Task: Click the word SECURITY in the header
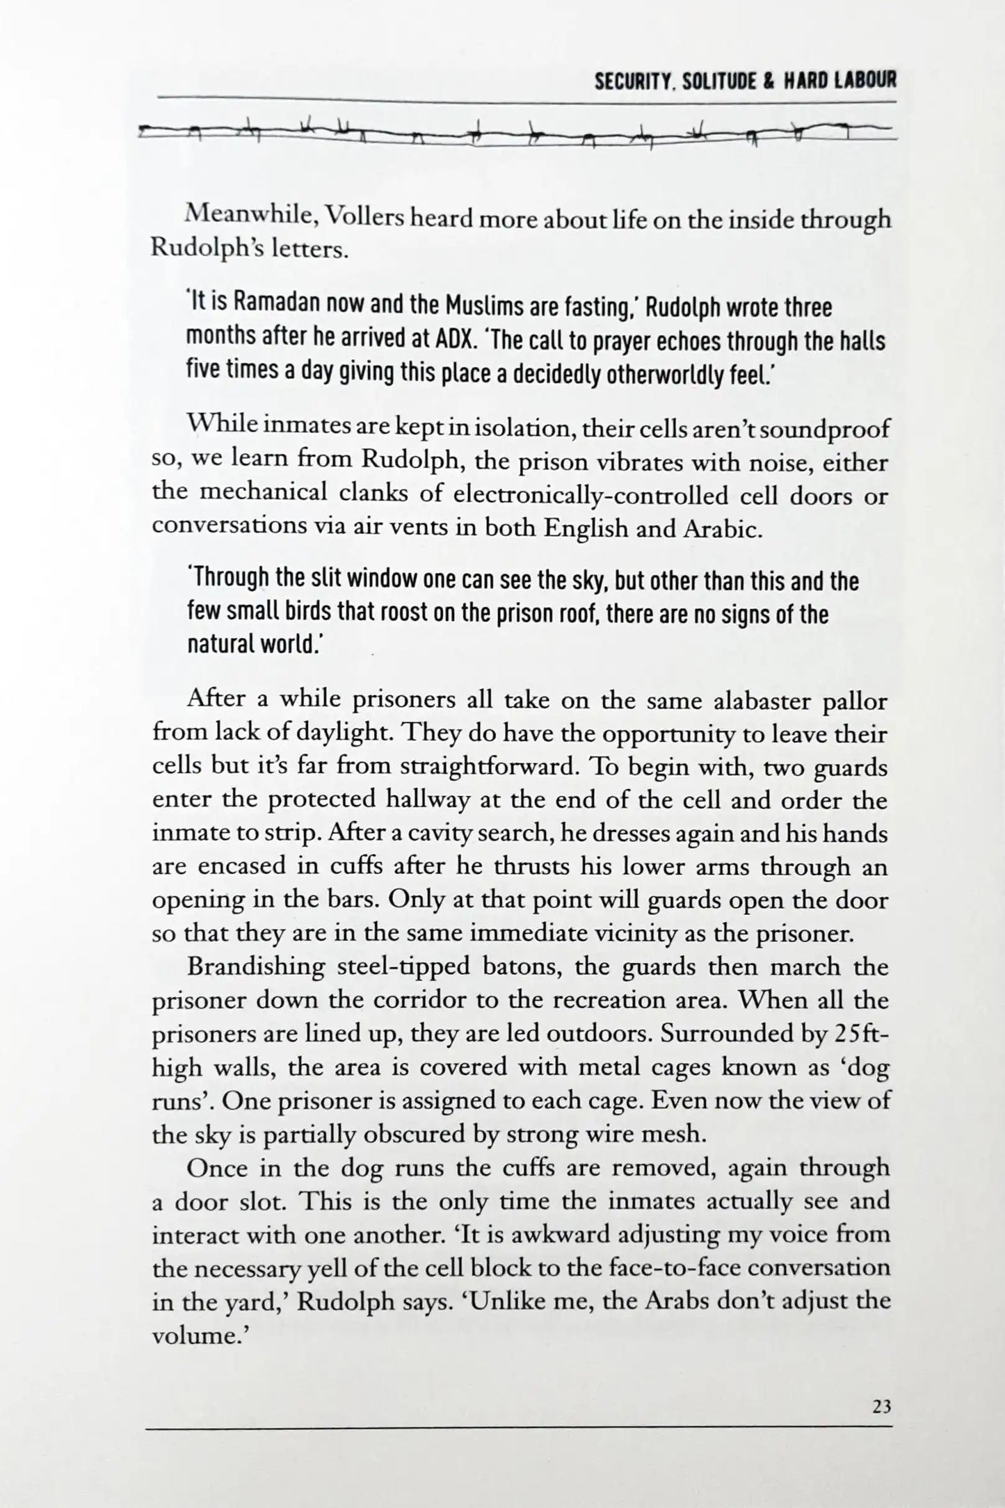click(x=632, y=82)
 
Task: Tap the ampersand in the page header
click(x=771, y=82)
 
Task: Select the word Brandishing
click(x=255, y=967)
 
